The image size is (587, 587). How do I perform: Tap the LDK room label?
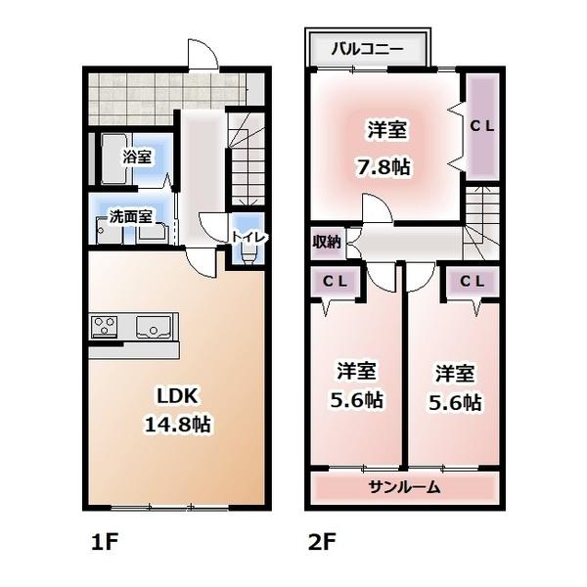pos(179,396)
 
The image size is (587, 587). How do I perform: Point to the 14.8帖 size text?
pos(179,425)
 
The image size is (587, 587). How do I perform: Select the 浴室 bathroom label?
pos(137,157)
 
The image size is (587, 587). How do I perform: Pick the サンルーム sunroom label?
pos(404,486)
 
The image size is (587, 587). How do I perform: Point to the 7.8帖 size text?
pos(382,166)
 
